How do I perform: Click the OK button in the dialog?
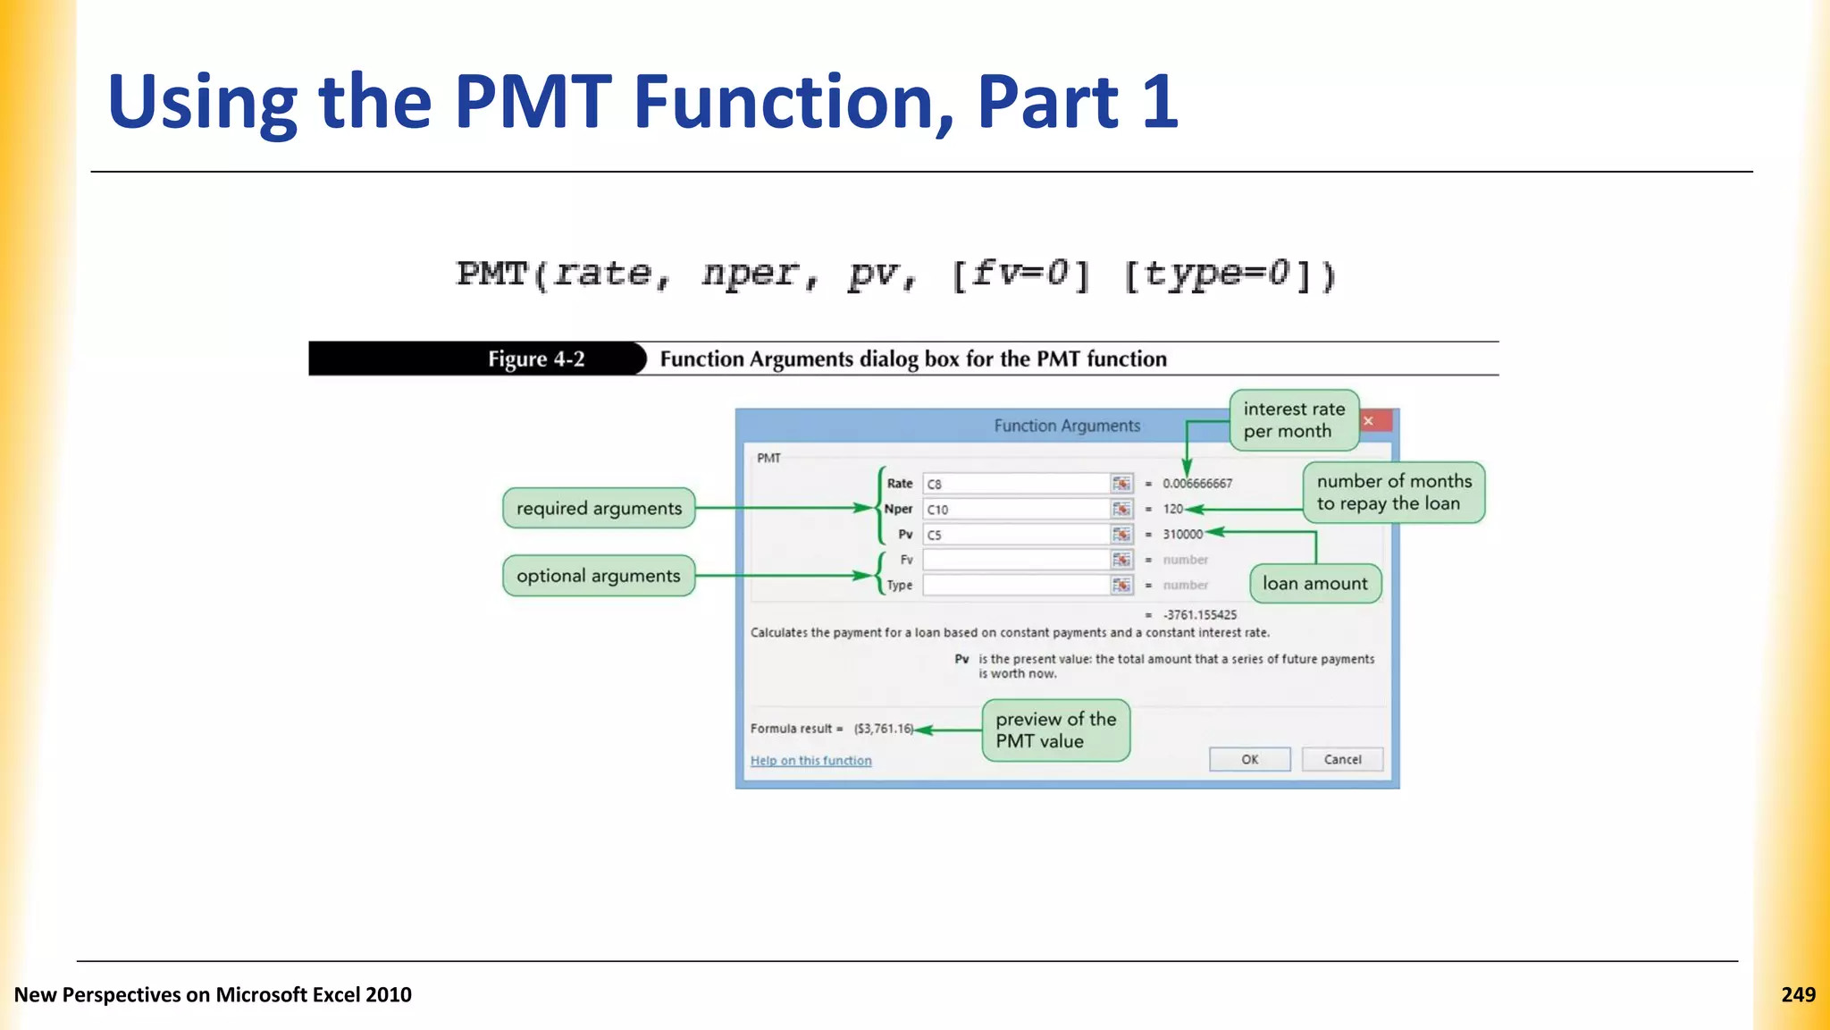(1249, 759)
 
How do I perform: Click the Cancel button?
(1342, 759)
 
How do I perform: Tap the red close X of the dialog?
(1369, 420)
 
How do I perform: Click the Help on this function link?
(810, 761)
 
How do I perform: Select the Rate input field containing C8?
(1016, 484)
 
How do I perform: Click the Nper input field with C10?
(1016, 509)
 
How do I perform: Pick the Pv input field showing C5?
(1016, 535)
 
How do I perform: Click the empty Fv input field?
(1016, 560)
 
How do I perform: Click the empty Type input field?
(1016, 585)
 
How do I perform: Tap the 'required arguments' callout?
(599, 508)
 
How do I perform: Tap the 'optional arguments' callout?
(599, 576)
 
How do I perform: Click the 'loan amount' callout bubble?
(1314, 584)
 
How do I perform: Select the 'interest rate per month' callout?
(1293, 420)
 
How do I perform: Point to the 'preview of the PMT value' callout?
(1055, 730)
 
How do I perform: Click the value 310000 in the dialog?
(1182, 535)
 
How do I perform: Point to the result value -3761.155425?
(1200, 615)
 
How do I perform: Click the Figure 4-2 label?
(536, 359)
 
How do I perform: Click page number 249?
(1798, 994)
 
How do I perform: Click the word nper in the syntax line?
(749, 274)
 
